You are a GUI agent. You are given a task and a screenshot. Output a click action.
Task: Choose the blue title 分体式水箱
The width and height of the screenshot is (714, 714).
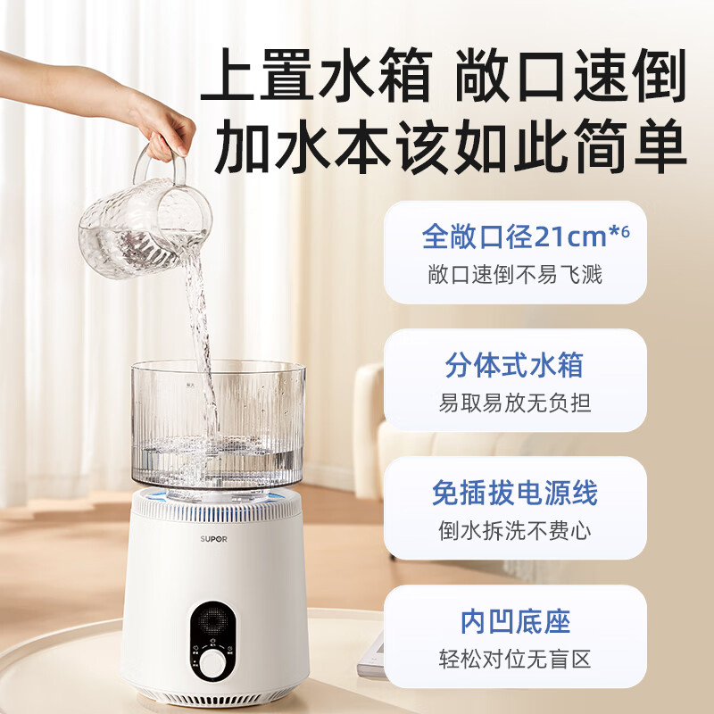pyautogui.click(x=515, y=366)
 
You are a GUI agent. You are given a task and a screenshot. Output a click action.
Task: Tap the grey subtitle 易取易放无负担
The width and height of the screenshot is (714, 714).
pyautogui.click(x=515, y=403)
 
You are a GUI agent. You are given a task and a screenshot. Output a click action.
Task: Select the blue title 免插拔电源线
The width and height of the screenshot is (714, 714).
pyautogui.click(x=515, y=493)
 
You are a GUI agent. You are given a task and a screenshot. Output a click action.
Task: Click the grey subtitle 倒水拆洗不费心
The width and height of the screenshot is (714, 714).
pyautogui.click(x=515, y=531)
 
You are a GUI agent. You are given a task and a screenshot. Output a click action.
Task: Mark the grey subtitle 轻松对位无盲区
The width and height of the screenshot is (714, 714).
pyautogui.click(x=515, y=660)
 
